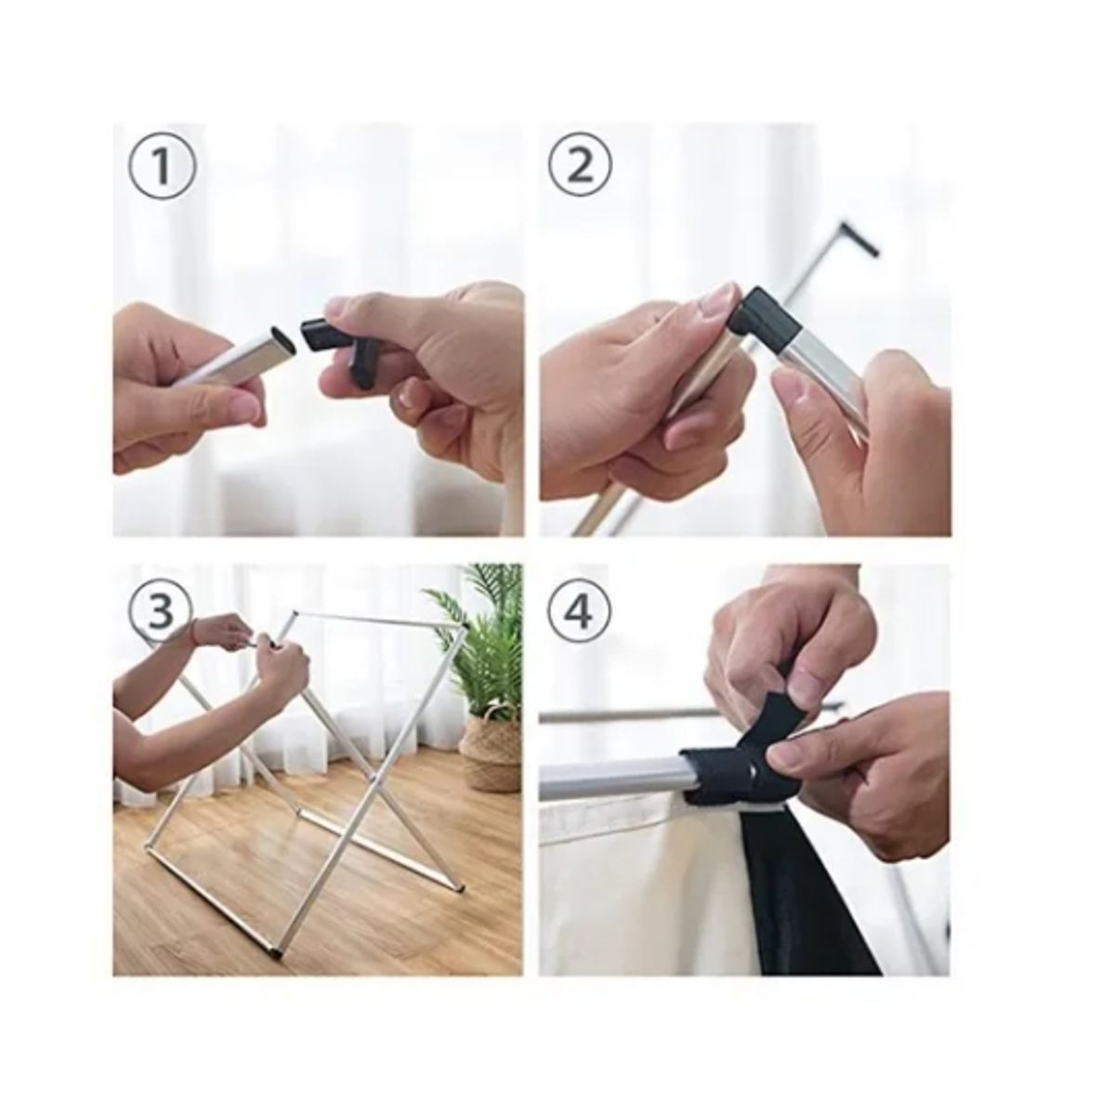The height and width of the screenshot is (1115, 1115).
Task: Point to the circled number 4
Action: pyautogui.click(x=581, y=610)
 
